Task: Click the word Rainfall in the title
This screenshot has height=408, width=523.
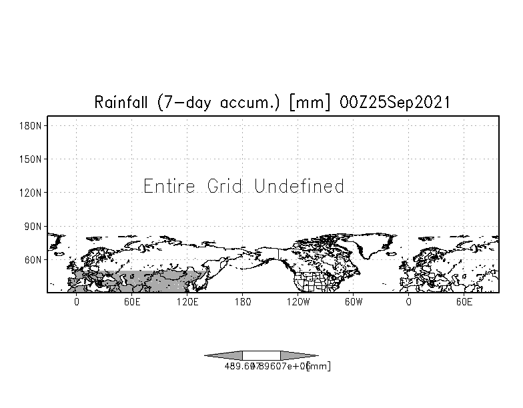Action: point(122,103)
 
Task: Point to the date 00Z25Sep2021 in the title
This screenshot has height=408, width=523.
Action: point(394,103)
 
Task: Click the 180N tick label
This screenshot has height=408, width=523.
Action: point(31,125)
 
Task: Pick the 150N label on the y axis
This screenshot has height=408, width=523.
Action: point(31,159)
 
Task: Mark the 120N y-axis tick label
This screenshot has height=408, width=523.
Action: point(31,193)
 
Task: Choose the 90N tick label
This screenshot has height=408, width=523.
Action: point(33,226)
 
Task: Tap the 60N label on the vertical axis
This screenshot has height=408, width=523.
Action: point(33,259)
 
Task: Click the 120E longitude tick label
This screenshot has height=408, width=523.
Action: point(187,302)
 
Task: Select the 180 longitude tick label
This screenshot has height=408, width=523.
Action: point(243,302)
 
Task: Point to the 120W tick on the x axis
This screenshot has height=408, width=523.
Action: point(298,302)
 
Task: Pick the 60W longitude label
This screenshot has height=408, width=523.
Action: point(354,302)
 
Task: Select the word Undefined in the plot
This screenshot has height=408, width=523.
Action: point(300,186)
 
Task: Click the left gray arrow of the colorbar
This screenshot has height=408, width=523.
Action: point(224,355)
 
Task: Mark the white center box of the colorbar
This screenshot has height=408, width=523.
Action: point(261,355)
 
